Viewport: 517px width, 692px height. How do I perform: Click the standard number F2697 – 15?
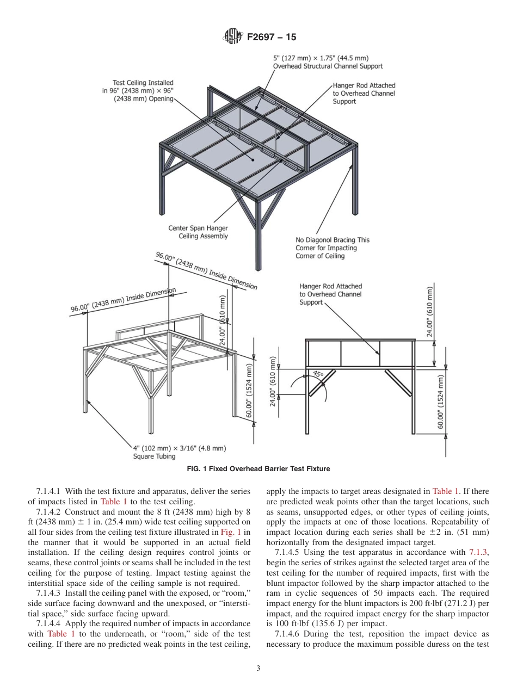[x=271, y=38]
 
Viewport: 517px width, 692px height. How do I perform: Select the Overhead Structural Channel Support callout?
[x=327, y=62]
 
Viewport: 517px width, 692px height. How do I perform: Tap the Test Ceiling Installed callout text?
[x=138, y=91]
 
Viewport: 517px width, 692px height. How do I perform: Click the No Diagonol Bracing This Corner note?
[x=333, y=248]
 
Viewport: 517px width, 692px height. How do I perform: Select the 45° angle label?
[x=318, y=374]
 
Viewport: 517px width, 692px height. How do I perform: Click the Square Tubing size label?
[x=179, y=452]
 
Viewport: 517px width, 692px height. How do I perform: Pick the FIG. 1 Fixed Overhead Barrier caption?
[x=258, y=468]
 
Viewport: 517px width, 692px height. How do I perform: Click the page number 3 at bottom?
[x=258, y=669]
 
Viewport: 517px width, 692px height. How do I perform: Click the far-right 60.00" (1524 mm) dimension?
[x=441, y=401]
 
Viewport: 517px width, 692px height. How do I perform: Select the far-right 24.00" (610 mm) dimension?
[x=430, y=312]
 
